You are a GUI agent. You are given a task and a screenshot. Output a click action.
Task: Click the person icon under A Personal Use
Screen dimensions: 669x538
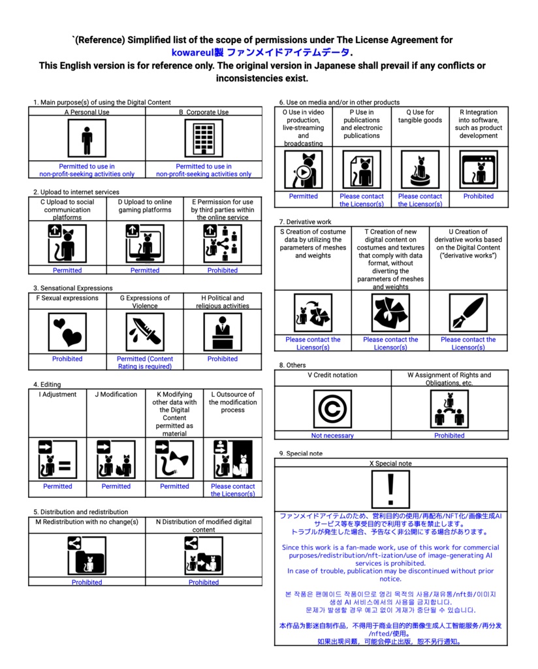[x=87, y=139]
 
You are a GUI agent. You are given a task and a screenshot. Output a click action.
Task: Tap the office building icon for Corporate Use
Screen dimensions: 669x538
[x=204, y=139]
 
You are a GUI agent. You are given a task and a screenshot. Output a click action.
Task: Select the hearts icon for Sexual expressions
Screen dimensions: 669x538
[x=67, y=332]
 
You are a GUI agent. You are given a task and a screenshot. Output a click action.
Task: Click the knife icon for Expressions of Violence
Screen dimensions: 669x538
[x=145, y=332]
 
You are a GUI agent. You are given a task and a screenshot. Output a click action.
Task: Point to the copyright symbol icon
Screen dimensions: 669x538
[x=332, y=409]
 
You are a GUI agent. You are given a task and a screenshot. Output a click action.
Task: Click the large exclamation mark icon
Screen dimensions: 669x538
[x=390, y=489]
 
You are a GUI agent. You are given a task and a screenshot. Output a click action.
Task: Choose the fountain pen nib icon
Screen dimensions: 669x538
[x=468, y=313]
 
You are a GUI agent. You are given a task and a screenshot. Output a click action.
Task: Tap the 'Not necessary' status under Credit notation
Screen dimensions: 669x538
[x=332, y=436]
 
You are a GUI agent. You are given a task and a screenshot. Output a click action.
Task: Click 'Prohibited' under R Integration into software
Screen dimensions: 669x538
[x=479, y=196]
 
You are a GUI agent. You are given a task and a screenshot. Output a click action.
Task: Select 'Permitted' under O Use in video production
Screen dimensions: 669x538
[x=303, y=196]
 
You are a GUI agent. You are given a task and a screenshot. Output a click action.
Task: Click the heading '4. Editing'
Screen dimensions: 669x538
[x=47, y=385]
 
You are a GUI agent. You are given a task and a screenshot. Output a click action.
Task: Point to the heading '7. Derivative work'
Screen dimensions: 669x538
[x=305, y=222]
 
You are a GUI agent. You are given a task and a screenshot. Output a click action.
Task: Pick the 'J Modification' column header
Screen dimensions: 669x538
[x=116, y=395]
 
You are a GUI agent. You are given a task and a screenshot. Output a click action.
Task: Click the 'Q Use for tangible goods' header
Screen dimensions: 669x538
[x=420, y=116]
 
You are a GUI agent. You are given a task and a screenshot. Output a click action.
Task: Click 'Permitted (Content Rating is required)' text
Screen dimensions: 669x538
[x=145, y=363]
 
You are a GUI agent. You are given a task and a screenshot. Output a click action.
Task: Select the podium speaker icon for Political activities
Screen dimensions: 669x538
[x=223, y=332]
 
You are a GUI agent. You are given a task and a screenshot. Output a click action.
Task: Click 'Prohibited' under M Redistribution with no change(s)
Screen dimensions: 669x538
[x=87, y=582]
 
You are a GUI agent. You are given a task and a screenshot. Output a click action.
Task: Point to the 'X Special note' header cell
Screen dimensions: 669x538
[x=390, y=463]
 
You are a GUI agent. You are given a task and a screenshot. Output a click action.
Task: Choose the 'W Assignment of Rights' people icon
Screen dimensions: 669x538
[x=449, y=409]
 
